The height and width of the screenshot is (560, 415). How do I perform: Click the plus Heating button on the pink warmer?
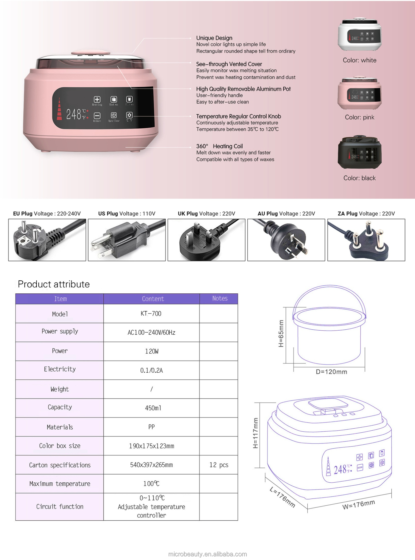[97, 99]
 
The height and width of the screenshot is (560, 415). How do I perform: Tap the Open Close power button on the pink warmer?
[114, 115]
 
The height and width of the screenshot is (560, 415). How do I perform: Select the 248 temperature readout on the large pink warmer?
[74, 114]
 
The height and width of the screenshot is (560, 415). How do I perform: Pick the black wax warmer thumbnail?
[360, 152]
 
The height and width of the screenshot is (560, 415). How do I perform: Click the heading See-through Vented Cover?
[229, 64]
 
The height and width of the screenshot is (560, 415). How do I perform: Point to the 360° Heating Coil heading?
[219, 146]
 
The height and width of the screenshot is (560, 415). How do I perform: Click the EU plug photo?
[47, 240]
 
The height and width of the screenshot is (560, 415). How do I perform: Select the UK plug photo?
[206, 240]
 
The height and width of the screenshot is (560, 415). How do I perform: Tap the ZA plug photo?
[366, 240]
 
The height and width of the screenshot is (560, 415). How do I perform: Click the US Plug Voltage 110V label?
[127, 214]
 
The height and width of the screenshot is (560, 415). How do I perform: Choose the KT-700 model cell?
[151, 314]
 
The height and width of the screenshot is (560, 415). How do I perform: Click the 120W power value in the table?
[152, 351]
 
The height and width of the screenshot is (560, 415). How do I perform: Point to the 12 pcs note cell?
[219, 465]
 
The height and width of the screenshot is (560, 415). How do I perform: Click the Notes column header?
[220, 298]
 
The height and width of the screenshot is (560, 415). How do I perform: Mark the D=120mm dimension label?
[331, 372]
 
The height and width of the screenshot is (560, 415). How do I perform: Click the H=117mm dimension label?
[255, 433]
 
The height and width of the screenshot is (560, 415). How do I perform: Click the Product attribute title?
[54, 284]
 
